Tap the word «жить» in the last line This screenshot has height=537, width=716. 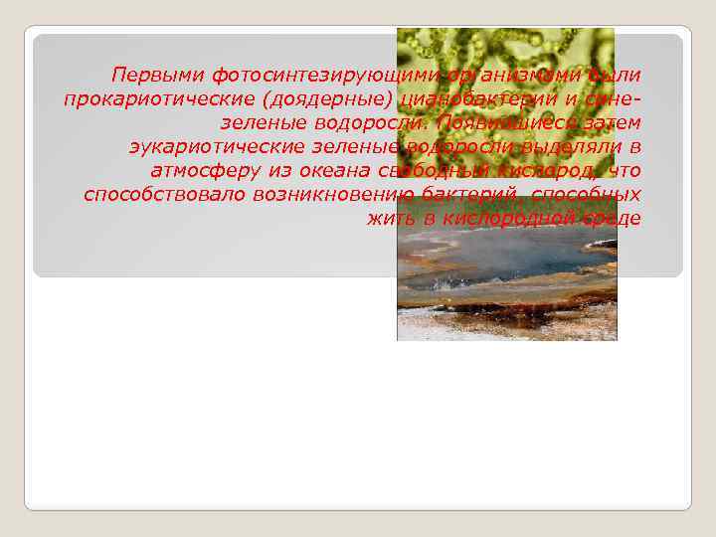click(388, 219)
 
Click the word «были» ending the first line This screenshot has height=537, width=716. click(615, 76)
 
